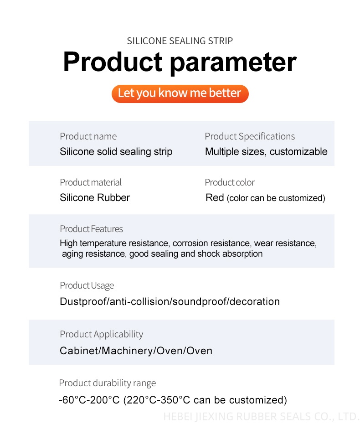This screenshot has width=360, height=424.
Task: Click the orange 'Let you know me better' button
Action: click(x=180, y=93)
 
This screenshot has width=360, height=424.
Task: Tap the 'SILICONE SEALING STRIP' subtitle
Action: click(x=180, y=41)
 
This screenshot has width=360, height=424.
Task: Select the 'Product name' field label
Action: click(x=88, y=136)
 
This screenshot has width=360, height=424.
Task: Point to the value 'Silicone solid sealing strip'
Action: click(x=116, y=152)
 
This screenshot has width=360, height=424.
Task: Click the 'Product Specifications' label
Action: click(x=250, y=137)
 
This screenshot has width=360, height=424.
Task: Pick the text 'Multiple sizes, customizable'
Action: click(x=266, y=152)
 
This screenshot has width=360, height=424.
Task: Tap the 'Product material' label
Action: click(x=91, y=182)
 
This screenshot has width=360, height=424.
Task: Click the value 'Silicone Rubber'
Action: click(x=95, y=198)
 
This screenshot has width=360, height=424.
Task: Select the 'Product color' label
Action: click(x=230, y=182)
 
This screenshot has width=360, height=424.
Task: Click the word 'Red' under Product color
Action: click(x=215, y=198)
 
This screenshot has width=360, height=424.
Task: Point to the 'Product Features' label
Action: click(x=91, y=229)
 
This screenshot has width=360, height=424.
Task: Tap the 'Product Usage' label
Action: click(x=87, y=285)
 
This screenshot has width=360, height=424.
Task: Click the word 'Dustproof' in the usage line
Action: click(x=83, y=301)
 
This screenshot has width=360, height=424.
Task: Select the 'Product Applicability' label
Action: click(x=101, y=334)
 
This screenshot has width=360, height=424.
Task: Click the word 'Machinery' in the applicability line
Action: click(x=127, y=351)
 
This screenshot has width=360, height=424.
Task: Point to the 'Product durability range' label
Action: click(x=107, y=383)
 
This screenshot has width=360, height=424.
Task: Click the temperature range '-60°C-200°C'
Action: click(x=89, y=400)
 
